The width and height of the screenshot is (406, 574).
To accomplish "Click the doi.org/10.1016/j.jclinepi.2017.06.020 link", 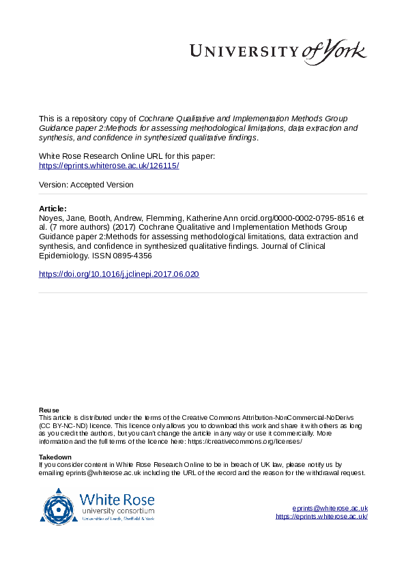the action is (x=119, y=274).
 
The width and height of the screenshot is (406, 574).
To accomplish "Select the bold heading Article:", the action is (x=53, y=208).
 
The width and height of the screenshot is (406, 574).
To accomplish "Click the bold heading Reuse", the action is (x=48, y=410).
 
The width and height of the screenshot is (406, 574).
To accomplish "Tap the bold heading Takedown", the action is (x=55, y=457).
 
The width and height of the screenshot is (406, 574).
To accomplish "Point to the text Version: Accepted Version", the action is (x=86, y=185).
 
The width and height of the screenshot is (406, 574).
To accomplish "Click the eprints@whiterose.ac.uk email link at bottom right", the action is (x=330, y=509).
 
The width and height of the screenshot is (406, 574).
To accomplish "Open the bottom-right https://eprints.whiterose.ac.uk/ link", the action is (x=321, y=517).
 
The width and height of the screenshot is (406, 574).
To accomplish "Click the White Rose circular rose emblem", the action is (x=59, y=507).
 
